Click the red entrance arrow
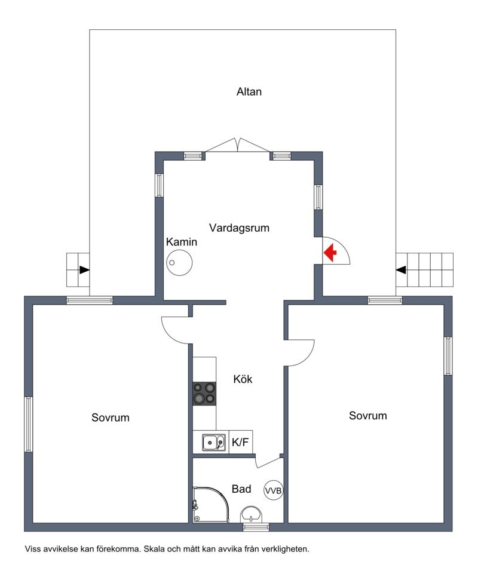click(x=330, y=253)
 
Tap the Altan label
click(x=249, y=92)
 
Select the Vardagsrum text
click(x=239, y=228)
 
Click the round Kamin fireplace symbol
click(x=179, y=262)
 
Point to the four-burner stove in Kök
click(x=204, y=393)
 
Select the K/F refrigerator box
click(x=240, y=443)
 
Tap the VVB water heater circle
click(x=273, y=490)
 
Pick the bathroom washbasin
click(x=252, y=514)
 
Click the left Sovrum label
click(x=110, y=418)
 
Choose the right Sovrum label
click(x=367, y=416)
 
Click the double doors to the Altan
click(x=238, y=146)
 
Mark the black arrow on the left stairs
click(x=84, y=270)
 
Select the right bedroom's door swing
click(x=301, y=352)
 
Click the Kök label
click(x=243, y=379)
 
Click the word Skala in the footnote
click(x=155, y=548)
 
